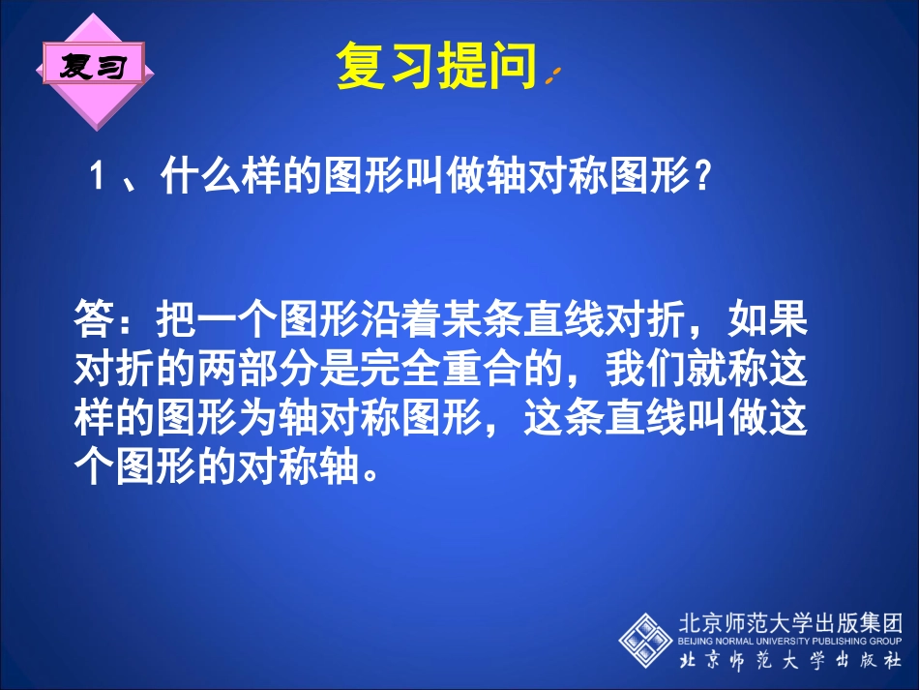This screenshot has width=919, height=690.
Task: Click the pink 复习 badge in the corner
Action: pos(93,67)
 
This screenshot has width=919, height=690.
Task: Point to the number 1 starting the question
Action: pos(96,178)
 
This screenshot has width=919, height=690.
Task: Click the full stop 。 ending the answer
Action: pos(360,474)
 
